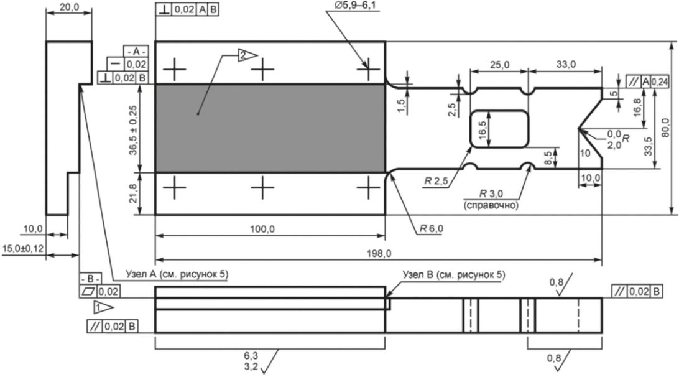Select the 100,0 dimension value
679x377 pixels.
pos(262,229)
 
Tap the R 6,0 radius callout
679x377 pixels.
pos(432,228)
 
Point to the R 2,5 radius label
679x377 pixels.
pos(436,181)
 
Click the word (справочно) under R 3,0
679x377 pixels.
pos(491,205)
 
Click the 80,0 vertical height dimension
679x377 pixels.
pos(667,128)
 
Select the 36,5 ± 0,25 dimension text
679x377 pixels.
pos(133,130)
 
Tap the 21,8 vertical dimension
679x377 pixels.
pos(133,193)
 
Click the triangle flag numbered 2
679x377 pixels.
pos(247,55)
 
